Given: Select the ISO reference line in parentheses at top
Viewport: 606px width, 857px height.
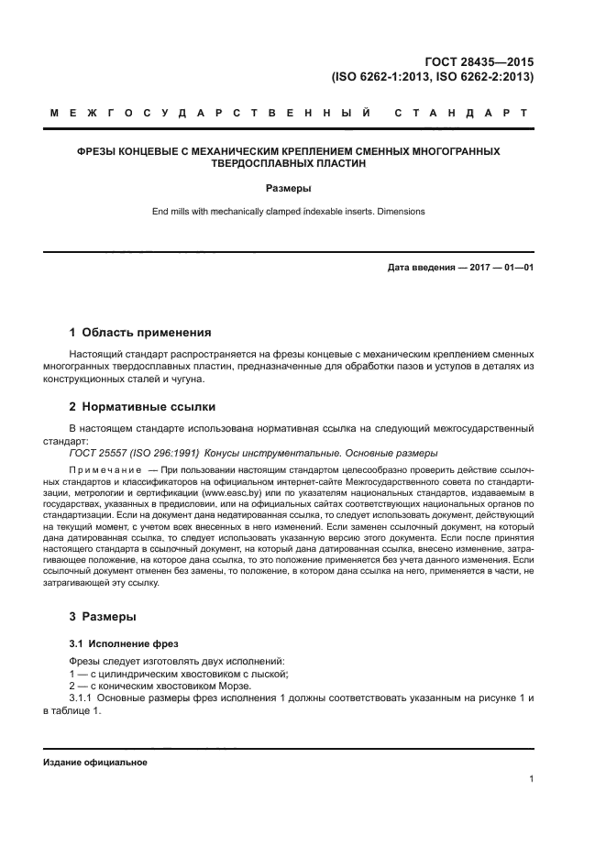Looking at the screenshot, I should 433,77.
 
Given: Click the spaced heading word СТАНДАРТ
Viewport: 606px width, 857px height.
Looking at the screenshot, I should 460,114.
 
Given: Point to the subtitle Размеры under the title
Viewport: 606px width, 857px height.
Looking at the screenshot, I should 288,189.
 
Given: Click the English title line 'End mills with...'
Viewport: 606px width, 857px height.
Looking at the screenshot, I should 288,213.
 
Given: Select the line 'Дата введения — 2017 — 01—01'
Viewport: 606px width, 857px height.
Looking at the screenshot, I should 460,268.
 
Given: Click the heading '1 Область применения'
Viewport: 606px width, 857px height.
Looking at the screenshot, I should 140,333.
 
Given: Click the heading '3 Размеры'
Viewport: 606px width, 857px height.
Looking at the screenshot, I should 104,617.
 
